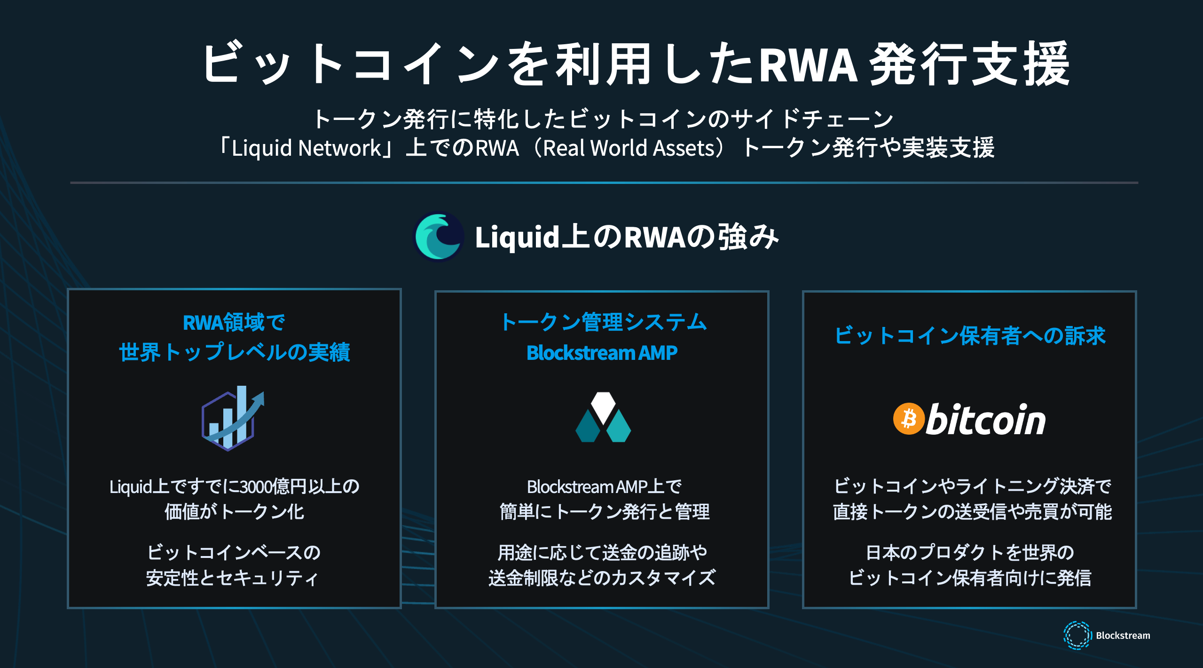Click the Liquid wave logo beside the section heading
[439, 237]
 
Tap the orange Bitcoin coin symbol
[908, 419]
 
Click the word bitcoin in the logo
[985, 420]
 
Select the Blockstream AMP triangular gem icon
[603, 418]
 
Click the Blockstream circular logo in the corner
[1077, 635]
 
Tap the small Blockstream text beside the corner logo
[1123, 636]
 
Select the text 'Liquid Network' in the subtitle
[306, 148]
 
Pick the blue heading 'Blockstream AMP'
[602, 353]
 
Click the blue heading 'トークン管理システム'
[603, 322]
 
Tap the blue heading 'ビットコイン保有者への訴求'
[970, 335]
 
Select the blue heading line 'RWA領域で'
[234, 323]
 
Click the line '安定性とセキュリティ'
[233, 578]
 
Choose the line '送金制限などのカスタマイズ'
[602, 578]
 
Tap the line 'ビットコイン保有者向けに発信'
[970, 578]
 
